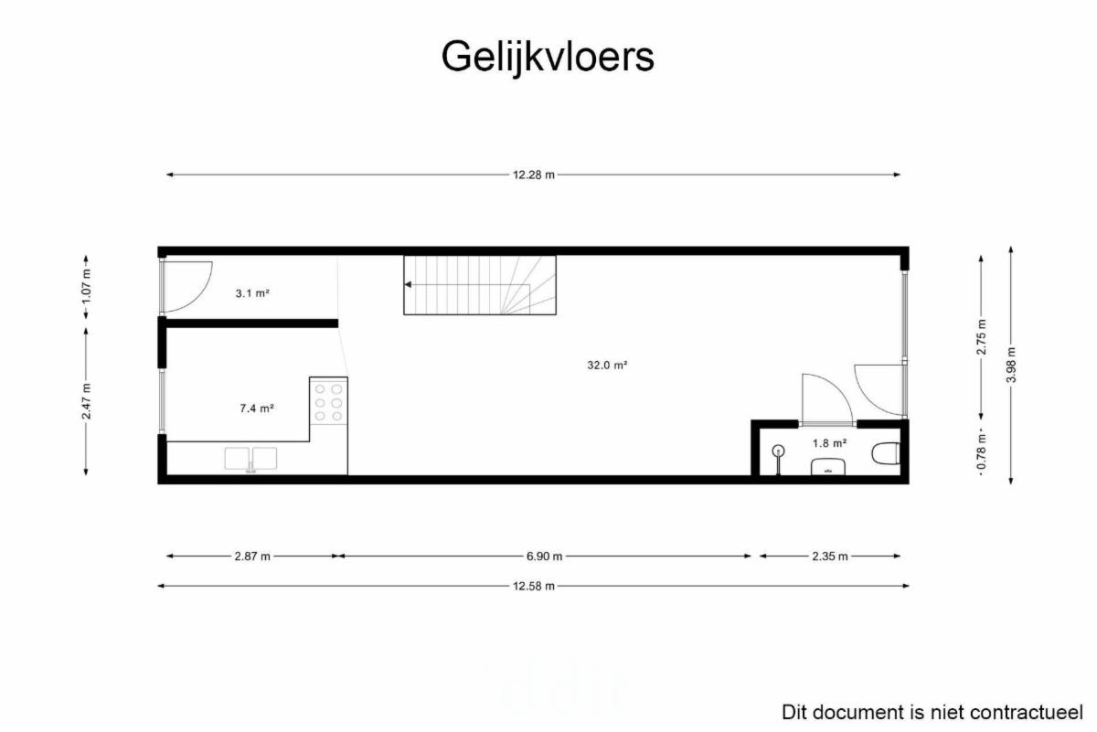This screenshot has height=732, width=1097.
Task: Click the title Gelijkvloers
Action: [x=548, y=58]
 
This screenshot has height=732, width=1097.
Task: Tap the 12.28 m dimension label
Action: [x=533, y=175]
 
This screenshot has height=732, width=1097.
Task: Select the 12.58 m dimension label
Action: [x=533, y=586]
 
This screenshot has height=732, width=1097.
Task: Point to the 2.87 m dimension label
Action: [x=252, y=557]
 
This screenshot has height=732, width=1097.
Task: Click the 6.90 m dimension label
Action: [x=544, y=557]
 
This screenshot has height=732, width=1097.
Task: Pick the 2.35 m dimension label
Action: [x=830, y=557]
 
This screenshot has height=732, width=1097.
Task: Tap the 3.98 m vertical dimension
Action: [x=1011, y=365]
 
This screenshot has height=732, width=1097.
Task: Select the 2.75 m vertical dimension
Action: [x=982, y=337]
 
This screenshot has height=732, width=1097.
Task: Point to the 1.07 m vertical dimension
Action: [x=86, y=286]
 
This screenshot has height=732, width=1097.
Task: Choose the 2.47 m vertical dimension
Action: [x=86, y=401]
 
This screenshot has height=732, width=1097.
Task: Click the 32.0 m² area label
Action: [x=607, y=365]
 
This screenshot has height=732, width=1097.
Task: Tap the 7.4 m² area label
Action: [x=257, y=408]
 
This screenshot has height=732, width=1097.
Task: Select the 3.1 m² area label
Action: [x=252, y=293]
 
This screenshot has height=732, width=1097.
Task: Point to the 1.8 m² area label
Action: [x=830, y=443]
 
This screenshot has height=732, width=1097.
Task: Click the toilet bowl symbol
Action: [x=886, y=453]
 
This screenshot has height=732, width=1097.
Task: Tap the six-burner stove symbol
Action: [x=328, y=401]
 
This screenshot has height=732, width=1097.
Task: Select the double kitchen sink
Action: [x=250, y=460]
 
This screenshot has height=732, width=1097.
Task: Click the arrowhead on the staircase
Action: [x=408, y=284]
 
